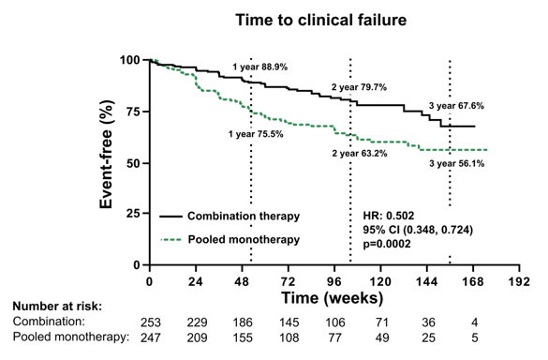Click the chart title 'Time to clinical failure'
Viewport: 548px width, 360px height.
320,20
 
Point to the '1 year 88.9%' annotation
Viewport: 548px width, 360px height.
260,67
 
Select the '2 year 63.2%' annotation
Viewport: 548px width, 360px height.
360,153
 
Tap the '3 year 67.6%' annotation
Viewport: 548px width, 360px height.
456,106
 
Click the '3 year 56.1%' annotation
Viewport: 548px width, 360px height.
457,163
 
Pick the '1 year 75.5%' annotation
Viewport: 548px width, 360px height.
256,134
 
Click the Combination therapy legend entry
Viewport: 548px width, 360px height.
230,217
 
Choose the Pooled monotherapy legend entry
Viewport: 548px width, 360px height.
230,240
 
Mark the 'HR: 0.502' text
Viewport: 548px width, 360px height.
388,216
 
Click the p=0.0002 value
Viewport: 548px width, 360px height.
387,244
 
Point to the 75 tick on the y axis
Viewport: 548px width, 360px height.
133,112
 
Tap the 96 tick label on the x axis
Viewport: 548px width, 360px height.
334,281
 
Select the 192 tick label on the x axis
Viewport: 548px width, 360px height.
519,281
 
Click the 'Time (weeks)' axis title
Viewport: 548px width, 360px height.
332,298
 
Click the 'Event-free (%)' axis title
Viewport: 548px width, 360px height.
106,155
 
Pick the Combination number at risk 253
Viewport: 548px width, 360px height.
151,322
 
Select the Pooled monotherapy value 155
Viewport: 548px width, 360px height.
243,337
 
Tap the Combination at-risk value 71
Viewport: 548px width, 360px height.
381,322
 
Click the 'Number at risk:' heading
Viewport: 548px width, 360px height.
57,307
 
